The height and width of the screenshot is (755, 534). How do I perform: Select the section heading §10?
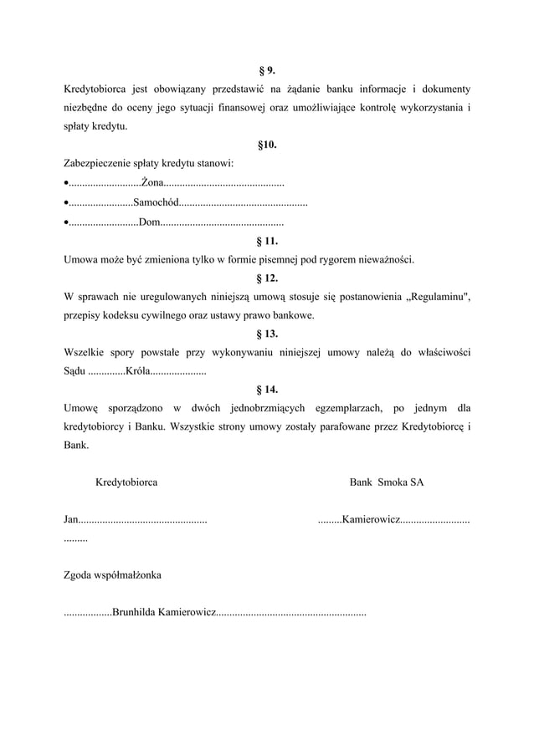click(266, 145)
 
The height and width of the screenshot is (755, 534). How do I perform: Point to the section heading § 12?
click(266, 278)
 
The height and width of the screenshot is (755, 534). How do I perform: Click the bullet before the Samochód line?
click(66, 203)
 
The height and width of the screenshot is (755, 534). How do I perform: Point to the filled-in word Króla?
click(136, 371)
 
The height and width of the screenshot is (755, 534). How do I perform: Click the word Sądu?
click(74, 371)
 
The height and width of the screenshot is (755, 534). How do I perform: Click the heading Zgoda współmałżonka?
click(113, 576)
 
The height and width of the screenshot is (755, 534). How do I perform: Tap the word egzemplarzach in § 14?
click(347, 408)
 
